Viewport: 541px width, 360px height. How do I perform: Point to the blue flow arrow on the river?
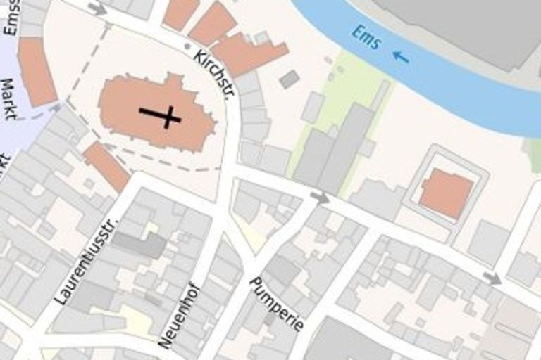click(400, 57)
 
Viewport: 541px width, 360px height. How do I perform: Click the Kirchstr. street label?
click(213, 74)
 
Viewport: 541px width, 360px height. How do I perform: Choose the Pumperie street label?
click(277, 303)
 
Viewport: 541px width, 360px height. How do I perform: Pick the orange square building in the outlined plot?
click(446, 193)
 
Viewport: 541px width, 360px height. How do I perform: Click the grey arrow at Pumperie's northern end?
click(320, 198)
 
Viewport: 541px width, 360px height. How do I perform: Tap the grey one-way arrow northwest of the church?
click(97, 8)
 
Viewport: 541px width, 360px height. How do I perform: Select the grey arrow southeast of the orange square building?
click(492, 278)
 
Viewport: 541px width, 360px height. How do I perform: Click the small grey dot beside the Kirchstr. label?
click(187, 46)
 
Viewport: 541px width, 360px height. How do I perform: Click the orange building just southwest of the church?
click(106, 165)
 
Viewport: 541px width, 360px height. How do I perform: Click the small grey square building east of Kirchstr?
click(289, 79)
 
